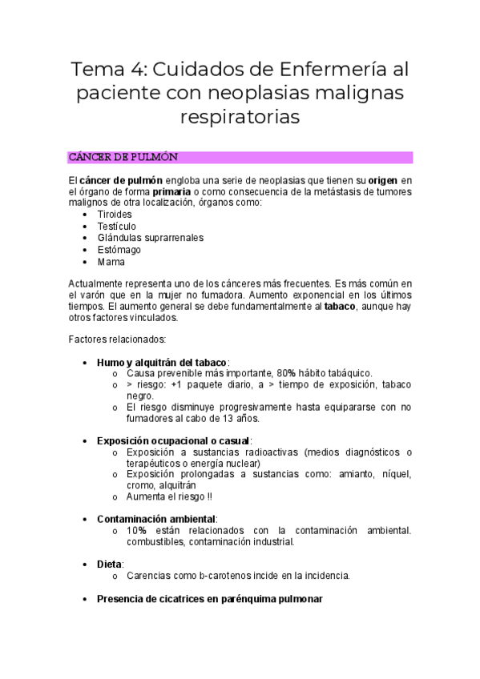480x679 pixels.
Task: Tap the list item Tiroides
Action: point(115,215)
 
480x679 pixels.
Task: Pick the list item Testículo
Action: point(116,227)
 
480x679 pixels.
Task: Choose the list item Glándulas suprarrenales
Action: point(150,238)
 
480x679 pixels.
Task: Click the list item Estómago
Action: point(117,250)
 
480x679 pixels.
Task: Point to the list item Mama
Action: point(111,261)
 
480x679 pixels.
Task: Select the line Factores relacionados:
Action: point(117,339)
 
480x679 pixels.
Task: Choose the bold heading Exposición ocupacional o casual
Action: point(173,440)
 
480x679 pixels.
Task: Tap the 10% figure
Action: point(135,530)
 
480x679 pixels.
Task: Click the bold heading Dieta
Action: point(109,564)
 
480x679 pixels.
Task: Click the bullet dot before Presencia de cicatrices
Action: point(86,599)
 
